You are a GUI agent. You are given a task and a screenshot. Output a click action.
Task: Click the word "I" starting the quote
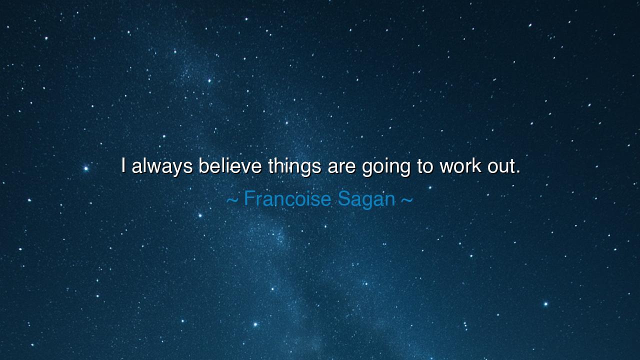point(123,165)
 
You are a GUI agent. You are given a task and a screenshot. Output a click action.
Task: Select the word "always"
point(162,166)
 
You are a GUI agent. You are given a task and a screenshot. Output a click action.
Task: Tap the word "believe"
point(230,165)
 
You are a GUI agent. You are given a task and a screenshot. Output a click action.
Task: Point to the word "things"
point(294,166)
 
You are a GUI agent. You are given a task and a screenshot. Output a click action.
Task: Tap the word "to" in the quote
point(424,166)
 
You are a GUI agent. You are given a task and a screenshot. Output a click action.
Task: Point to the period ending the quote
point(518,172)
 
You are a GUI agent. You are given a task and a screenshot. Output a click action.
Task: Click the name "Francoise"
point(287,199)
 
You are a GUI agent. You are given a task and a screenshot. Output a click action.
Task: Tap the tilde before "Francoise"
point(232,200)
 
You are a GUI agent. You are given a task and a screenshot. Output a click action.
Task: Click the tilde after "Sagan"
point(406,200)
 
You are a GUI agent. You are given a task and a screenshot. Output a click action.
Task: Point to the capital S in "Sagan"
point(343,198)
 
